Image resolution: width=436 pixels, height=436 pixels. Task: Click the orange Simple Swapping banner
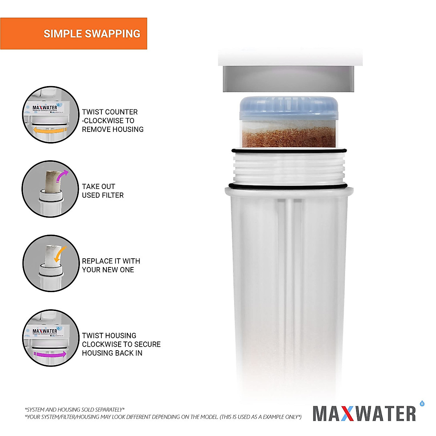(73, 33)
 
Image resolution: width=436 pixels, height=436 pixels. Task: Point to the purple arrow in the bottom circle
(49, 354)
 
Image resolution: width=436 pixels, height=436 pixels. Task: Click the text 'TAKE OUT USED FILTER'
(102, 191)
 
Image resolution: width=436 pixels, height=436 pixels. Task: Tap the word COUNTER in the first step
(122, 112)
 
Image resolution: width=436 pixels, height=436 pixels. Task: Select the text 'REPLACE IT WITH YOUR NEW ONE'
(111, 265)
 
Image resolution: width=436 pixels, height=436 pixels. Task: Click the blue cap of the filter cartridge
(289, 108)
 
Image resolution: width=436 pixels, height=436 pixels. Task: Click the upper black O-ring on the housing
(289, 151)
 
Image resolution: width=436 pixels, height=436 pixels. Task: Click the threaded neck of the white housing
(289, 169)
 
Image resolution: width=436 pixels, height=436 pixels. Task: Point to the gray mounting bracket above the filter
(289, 78)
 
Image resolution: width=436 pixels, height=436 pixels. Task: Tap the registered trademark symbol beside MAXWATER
(422, 403)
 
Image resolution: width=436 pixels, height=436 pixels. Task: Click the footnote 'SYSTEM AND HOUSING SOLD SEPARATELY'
(75, 409)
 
